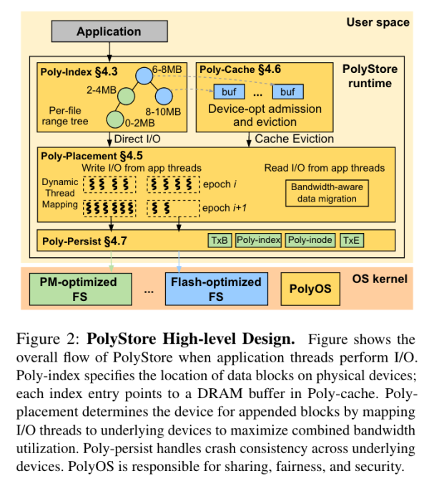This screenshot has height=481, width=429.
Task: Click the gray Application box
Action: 109,31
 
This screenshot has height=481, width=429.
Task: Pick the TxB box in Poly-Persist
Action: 220,240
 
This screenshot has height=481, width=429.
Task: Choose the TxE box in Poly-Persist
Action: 351,240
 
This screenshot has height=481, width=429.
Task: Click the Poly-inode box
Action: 310,240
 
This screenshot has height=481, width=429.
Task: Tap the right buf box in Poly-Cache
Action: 287,91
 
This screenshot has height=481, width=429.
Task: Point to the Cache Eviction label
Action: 294,139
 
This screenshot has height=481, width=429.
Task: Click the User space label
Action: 378,22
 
